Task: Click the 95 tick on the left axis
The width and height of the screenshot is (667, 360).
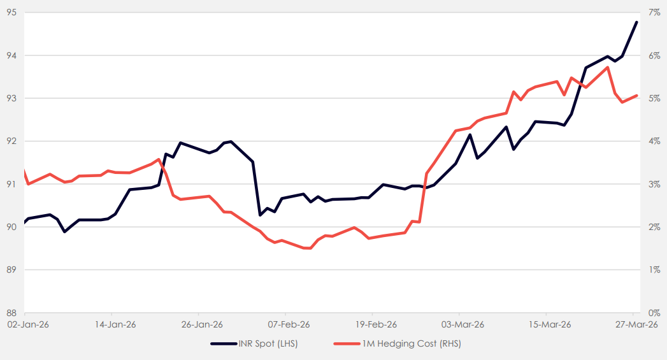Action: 11,12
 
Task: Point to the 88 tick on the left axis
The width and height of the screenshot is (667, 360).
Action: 11,313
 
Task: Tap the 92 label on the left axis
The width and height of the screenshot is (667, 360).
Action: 11,141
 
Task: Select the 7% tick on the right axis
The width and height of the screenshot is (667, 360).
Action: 654,12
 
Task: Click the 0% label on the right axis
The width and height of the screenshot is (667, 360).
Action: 654,313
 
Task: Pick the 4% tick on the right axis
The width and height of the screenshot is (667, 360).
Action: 654,141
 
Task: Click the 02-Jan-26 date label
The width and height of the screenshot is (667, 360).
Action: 24,324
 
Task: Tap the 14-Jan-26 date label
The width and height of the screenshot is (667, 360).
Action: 111,324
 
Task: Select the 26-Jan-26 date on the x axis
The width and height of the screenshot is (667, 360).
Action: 198,324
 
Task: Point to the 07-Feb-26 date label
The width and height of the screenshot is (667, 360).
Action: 285,324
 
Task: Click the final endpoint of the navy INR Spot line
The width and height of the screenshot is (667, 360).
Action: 636,22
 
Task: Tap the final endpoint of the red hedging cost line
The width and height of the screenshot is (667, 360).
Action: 637,96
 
